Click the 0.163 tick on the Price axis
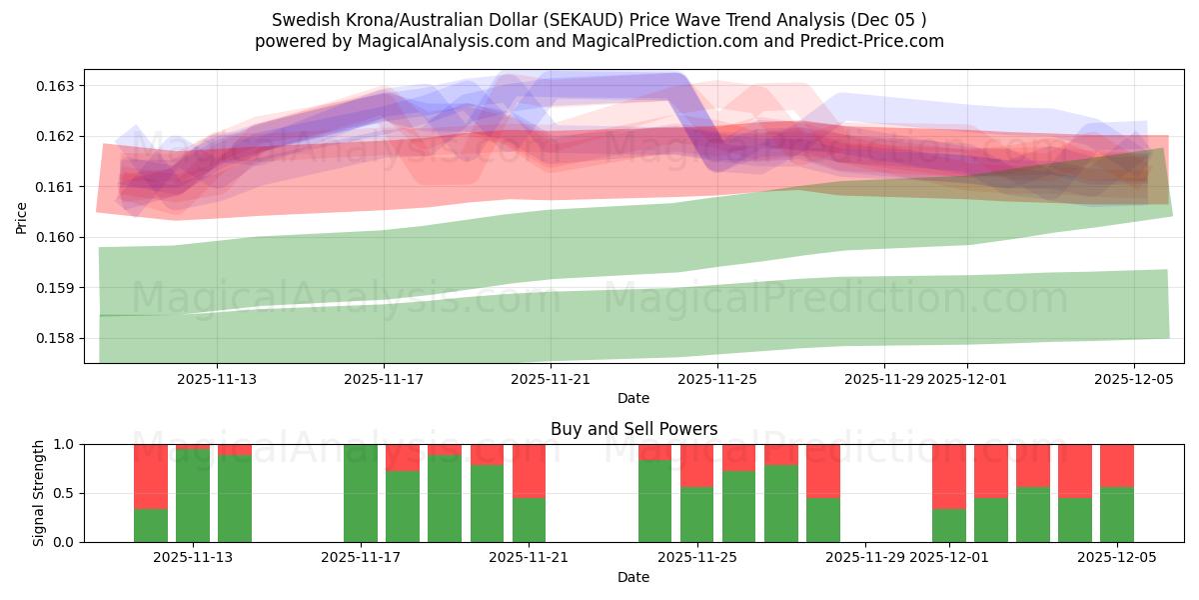58,86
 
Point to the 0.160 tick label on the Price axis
58,237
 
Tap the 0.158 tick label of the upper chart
58,338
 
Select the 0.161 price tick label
58,187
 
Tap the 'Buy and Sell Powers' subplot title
633,429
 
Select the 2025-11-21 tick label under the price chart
551,379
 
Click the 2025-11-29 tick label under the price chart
884,379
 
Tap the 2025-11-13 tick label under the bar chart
193,558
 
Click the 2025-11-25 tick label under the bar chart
697,558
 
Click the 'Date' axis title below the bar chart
633,577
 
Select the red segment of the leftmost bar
151,476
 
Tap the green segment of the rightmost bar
1117,515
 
